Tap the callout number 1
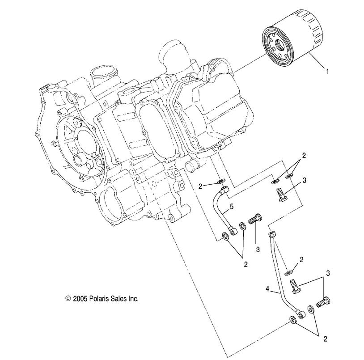click(328, 71)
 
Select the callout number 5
click(231, 207)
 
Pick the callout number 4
click(268, 289)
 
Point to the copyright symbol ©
click(68, 298)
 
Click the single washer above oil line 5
click(220, 182)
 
